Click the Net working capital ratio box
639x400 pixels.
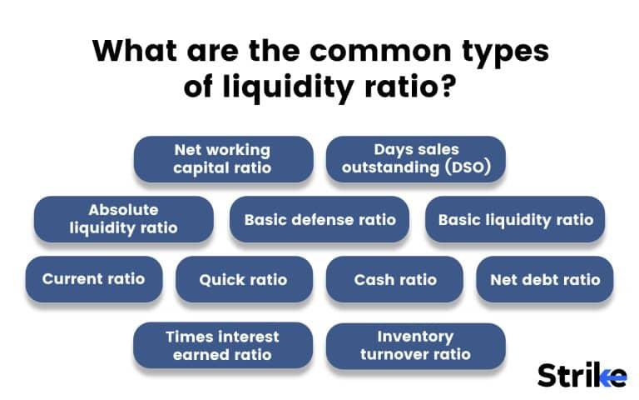point(223,159)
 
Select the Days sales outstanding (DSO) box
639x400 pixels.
point(416,159)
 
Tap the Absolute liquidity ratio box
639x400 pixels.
point(123,219)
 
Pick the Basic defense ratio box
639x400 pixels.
point(319,220)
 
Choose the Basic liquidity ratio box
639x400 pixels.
point(516,220)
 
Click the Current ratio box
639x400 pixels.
point(93,279)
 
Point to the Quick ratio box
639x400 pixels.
point(243,279)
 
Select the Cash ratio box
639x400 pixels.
point(395,279)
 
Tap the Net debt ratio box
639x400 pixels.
point(545,279)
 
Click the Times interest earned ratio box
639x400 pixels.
point(223,346)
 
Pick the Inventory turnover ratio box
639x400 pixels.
point(416,346)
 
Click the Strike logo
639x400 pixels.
point(582,375)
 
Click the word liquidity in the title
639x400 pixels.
point(285,87)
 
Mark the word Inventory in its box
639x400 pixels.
point(415,337)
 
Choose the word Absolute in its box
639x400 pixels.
point(123,210)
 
